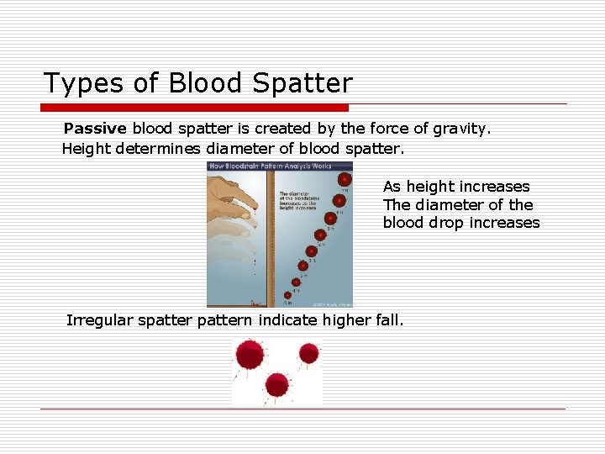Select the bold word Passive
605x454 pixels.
pyautogui.click(x=94, y=129)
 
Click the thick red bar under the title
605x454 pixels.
pyautogui.click(x=195, y=108)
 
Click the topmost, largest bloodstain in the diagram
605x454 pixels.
pyautogui.click(x=344, y=179)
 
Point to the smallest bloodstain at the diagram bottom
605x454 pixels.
pyautogui.click(x=288, y=295)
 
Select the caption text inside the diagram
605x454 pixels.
pyautogui.click(x=297, y=201)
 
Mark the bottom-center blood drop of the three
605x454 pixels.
pyautogui.click(x=277, y=385)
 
